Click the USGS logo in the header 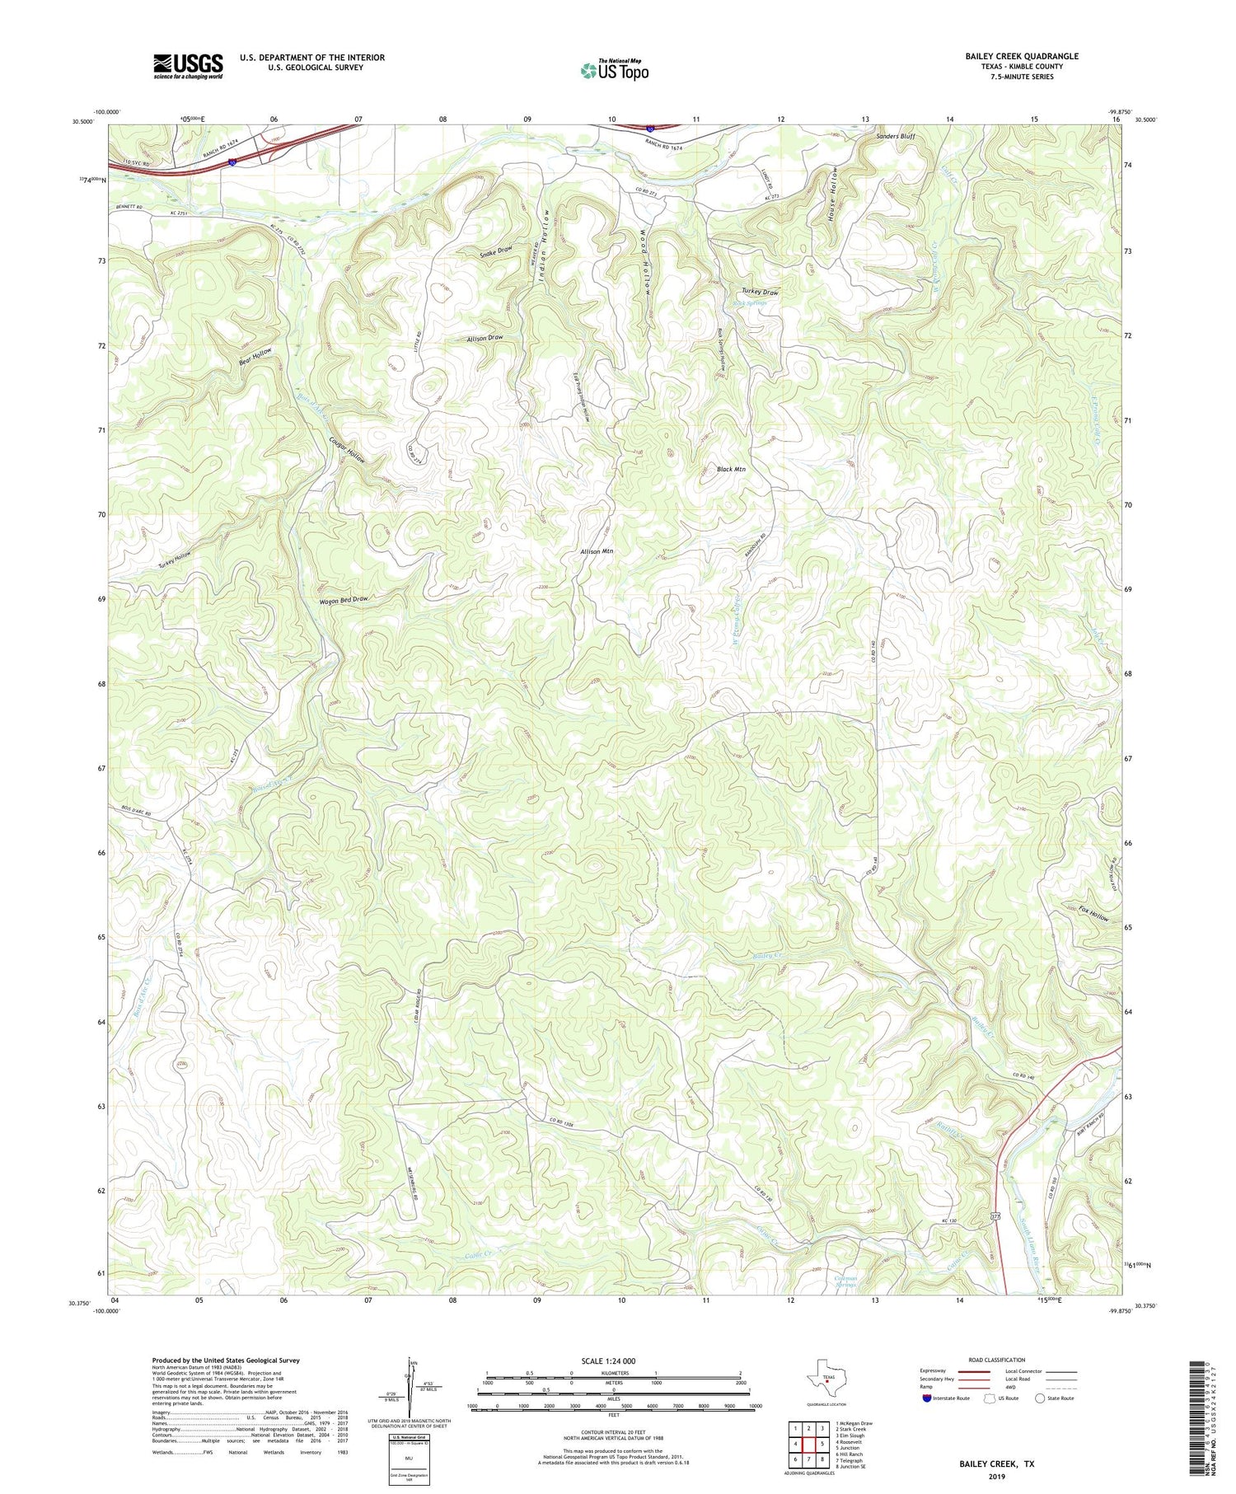(x=188, y=66)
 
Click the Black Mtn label (x=731, y=469)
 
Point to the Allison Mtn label (x=597, y=551)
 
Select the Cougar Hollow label (x=346, y=450)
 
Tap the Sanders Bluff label (x=896, y=136)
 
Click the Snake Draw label (x=496, y=251)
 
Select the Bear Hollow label (x=255, y=357)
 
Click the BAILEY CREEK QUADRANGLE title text (x=1022, y=56)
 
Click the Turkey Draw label (x=759, y=293)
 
